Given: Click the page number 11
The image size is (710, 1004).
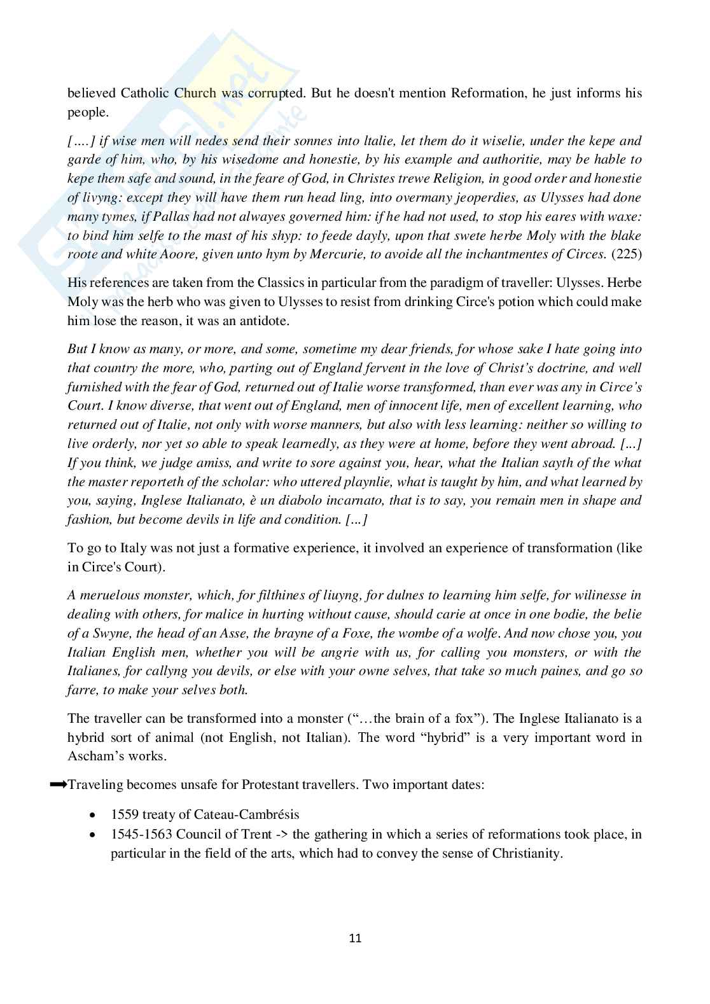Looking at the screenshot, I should (355, 938).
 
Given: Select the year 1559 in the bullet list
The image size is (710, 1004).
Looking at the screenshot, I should (123, 814).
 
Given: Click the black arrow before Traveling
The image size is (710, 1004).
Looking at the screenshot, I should (58, 785).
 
